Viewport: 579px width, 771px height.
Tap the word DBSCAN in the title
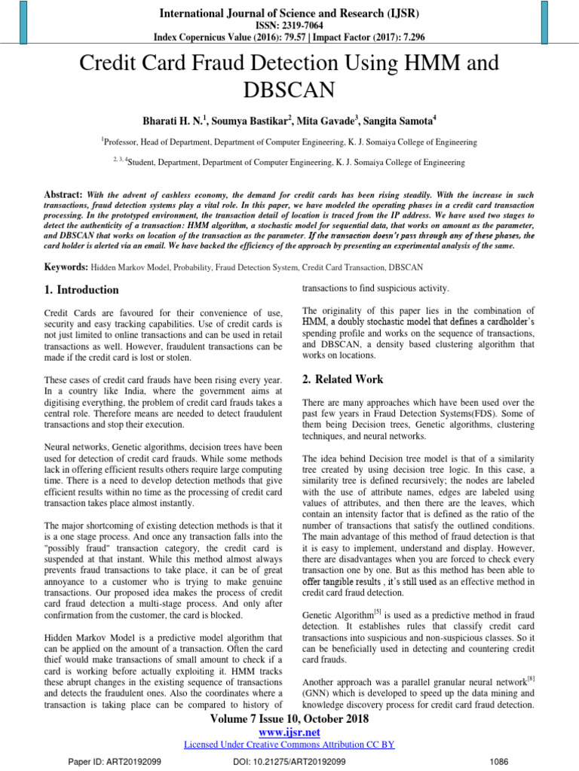coord(289,90)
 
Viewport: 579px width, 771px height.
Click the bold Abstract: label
coord(64,194)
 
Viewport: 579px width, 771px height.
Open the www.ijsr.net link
coord(289,732)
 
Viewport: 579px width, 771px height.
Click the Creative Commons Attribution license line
coord(289,745)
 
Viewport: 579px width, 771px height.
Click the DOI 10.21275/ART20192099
coord(289,761)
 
